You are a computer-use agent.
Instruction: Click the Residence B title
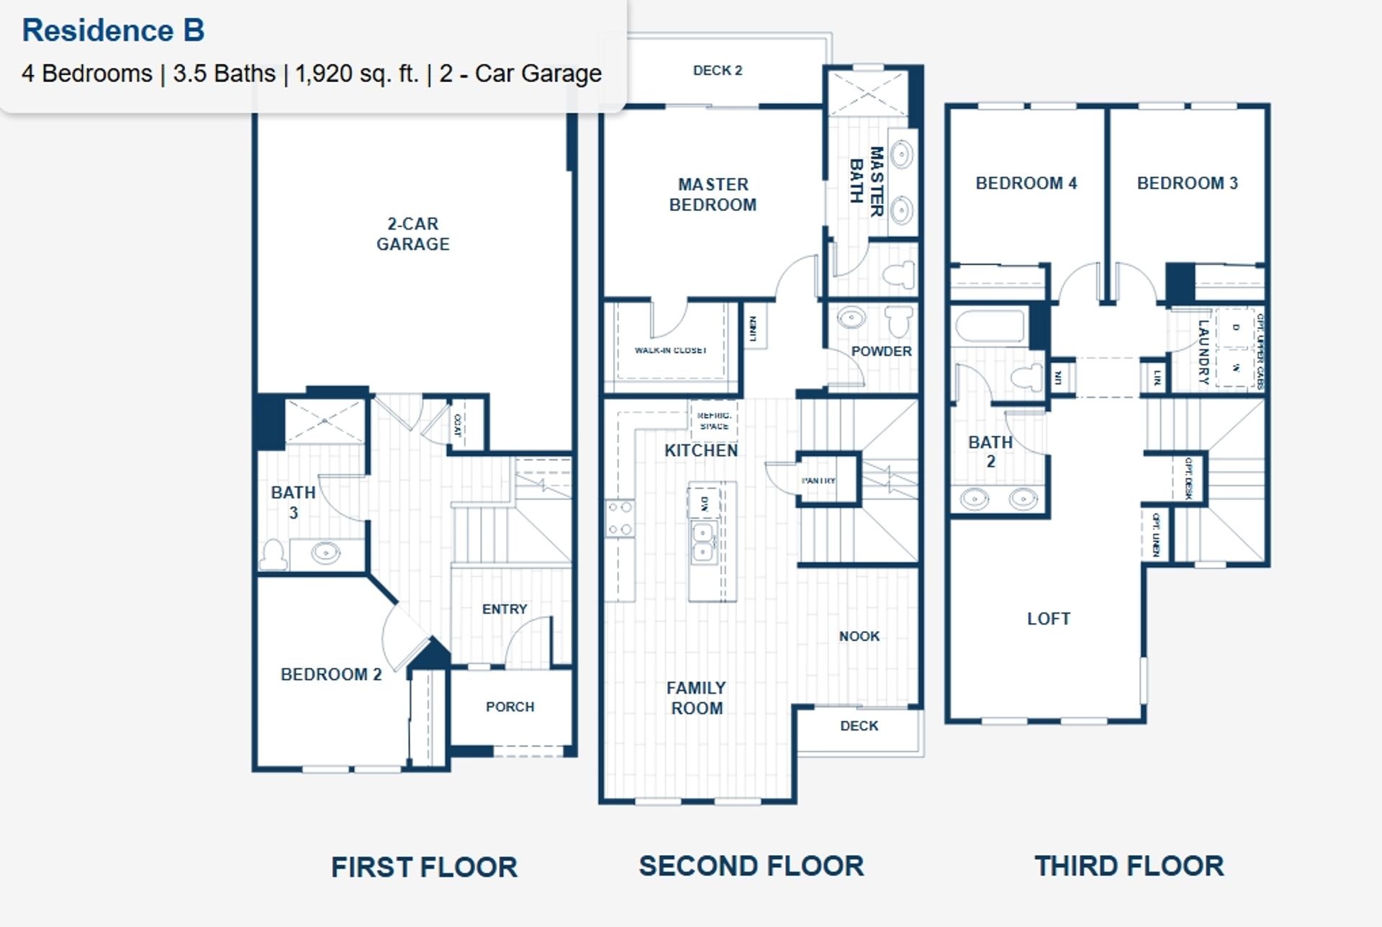click(x=113, y=30)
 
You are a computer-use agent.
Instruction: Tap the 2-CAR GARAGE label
click(x=412, y=234)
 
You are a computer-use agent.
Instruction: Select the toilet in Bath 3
click(x=273, y=555)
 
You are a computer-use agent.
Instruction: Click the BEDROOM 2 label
click(x=330, y=674)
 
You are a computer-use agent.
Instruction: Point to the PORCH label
click(x=510, y=707)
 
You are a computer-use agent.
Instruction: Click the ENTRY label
click(x=504, y=609)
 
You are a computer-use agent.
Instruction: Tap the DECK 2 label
click(x=717, y=71)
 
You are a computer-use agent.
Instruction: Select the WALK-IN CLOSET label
click(x=670, y=351)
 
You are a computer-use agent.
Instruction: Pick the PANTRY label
click(x=818, y=480)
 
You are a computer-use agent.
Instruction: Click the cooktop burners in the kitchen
click(x=620, y=519)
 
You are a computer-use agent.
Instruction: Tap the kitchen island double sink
click(x=703, y=542)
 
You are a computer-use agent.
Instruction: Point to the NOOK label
click(x=859, y=636)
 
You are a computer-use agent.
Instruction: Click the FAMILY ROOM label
click(x=696, y=698)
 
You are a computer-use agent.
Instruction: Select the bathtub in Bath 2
click(x=990, y=327)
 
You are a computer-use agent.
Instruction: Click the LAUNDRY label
click(x=1203, y=351)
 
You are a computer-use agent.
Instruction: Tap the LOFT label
click(x=1048, y=619)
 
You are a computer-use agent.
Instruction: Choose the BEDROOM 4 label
click(x=1026, y=183)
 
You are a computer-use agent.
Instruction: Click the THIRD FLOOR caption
click(x=1128, y=866)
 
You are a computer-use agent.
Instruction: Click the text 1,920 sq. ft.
click(x=356, y=73)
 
